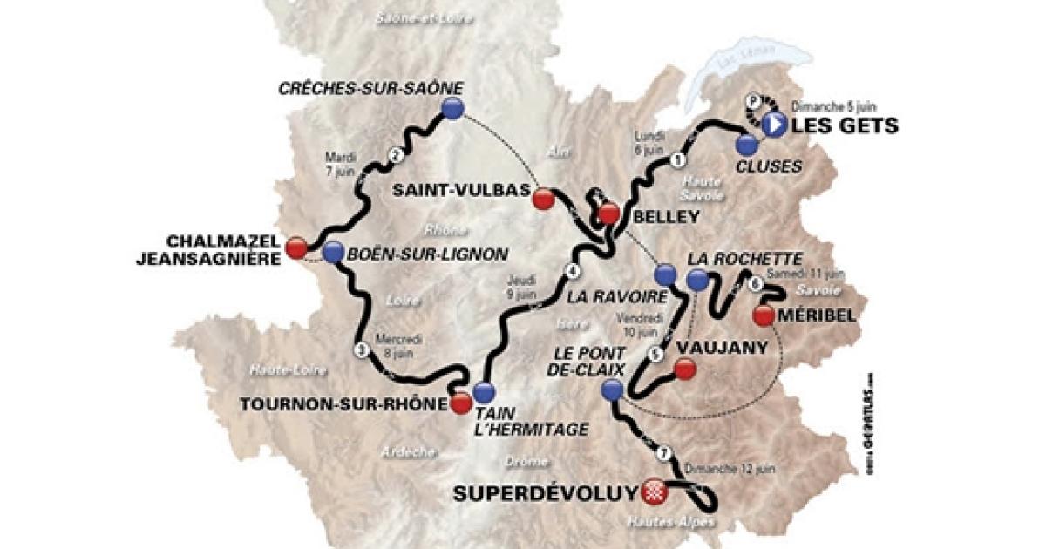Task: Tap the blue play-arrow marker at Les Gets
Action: pyautogui.click(x=773, y=125)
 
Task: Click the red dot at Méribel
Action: pyautogui.click(x=764, y=315)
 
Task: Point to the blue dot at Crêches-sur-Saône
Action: pyautogui.click(x=452, y=108)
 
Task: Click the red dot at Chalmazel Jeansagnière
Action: pyautogui.click(x=297, y=248)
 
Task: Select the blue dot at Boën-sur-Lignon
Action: pyautogui.click(x=332, y=252)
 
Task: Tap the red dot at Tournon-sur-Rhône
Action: pyautogui.click(x=460, y=403)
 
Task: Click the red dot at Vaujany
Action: pyautogui.click(x=685, y=369)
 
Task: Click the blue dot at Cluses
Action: pyautogui.click(x=745, y=145)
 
